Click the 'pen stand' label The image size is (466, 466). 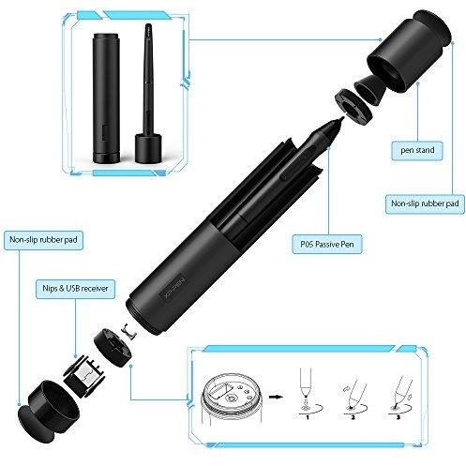[417, 150]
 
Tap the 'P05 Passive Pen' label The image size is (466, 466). [327, 244]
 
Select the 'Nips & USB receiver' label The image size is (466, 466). [75, 289]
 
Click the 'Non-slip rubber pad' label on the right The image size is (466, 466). [425, 203]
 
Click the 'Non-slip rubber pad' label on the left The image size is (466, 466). [43, 240]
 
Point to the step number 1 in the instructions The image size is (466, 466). [308, 417]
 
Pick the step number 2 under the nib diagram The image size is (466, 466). [353, 417]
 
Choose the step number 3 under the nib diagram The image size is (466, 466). [398, 417]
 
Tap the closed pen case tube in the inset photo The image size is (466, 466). [106, 98]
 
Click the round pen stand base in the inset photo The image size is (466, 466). [148, 148]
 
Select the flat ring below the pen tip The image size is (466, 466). [353, 105]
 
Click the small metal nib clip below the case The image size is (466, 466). [129, 331]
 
